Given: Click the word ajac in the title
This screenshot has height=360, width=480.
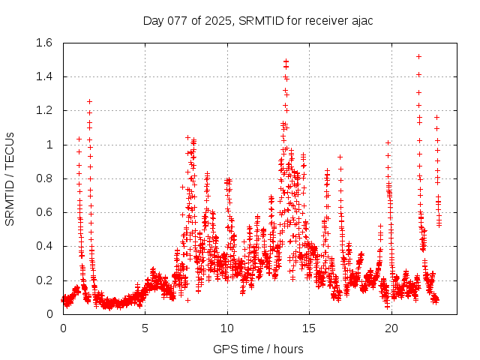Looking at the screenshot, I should [360, 20].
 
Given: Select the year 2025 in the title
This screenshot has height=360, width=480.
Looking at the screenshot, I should [218, 20].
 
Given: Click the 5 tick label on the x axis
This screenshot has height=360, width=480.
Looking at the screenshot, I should [145, 328].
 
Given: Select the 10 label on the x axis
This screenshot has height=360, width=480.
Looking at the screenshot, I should [227, 328].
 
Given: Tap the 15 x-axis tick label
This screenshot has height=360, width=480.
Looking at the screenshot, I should [310, 328].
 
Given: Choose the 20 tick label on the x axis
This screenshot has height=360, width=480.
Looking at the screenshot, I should [391, 328].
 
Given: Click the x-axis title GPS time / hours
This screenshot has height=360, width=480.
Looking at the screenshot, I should [258, 349].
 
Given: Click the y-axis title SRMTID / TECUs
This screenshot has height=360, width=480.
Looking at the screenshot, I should [10, 178].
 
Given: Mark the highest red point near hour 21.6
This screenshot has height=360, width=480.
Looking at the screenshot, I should [418, 56].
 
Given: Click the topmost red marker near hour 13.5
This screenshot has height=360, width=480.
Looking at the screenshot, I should [286, 61].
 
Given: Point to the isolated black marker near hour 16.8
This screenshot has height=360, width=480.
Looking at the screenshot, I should [340, 157].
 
